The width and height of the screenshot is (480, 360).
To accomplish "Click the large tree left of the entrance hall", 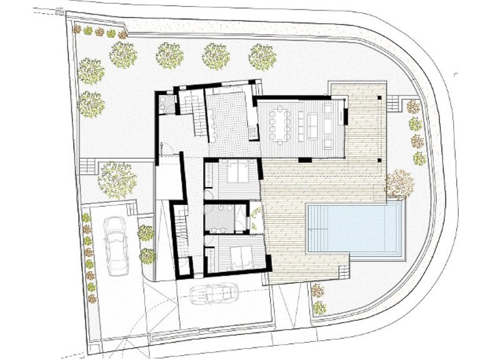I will [x=117, y=177].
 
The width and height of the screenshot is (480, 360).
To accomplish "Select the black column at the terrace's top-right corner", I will [x=379, y=99].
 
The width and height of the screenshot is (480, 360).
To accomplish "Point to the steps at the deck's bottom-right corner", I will [x=342, y=272].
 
